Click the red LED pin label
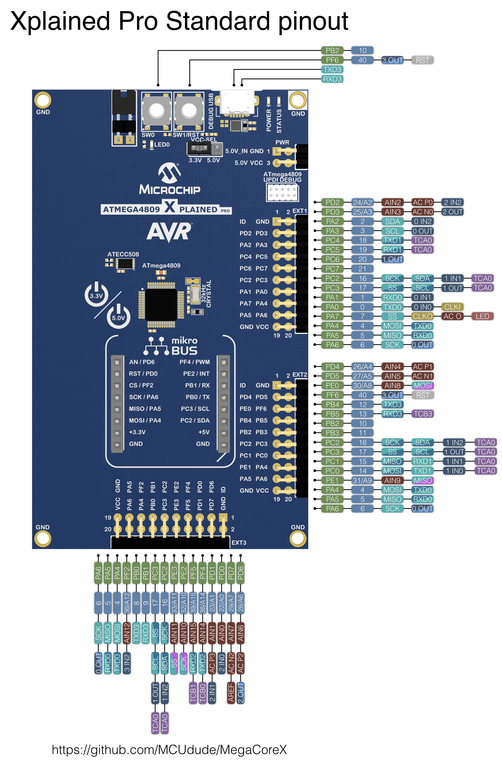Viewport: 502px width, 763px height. pyautogui.click(x=482, y=316)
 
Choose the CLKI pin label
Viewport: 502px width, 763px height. pyautogui.click(x=452, y=307)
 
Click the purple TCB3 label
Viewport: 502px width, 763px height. pyautogui.click(x=422, y=414)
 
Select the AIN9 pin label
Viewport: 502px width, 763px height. pyautogui.click(x=392, y=480)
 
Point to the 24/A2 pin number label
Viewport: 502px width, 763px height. pyautogui.click(x=362, y=202)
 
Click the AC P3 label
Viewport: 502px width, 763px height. pyautogui.click(x=212, y=663)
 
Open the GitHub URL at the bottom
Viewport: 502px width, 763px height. pyautogui.click(x=169, y=750)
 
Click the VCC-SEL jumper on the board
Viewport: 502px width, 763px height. pyautogui.click(x=199, y=148)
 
